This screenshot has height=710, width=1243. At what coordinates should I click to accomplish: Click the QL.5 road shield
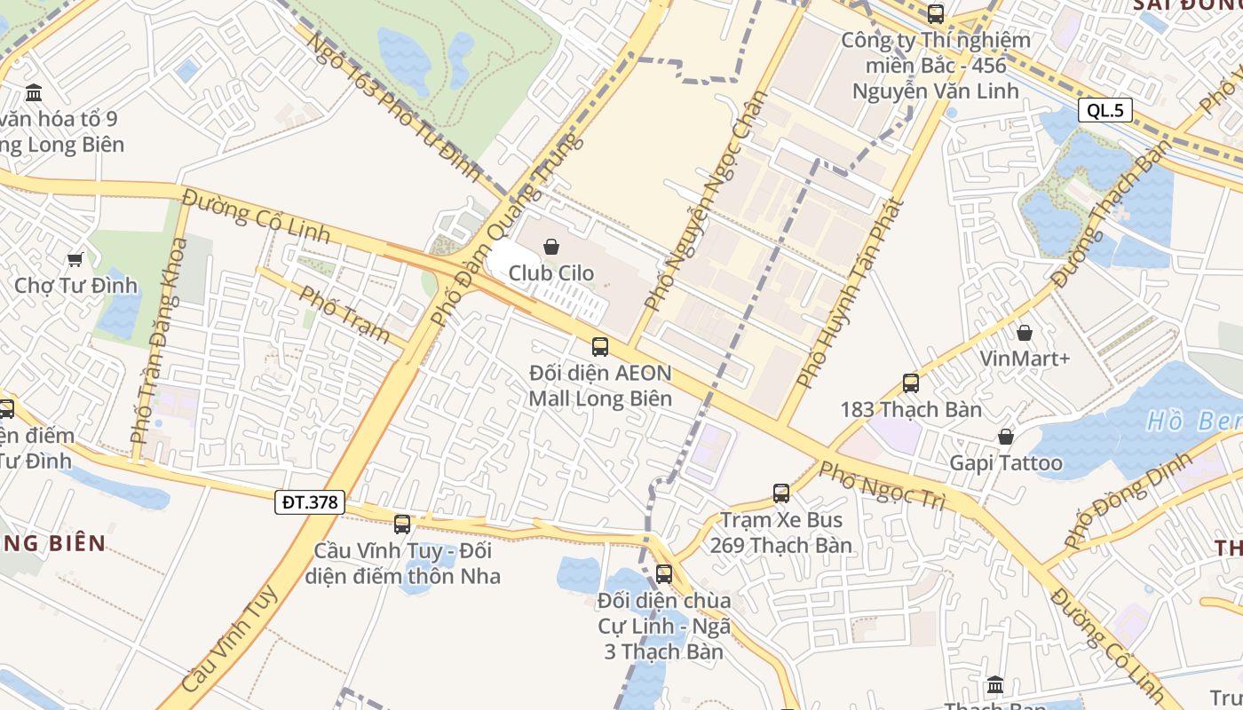(1104, 110)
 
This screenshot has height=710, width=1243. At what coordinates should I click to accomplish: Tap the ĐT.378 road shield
(309, 502)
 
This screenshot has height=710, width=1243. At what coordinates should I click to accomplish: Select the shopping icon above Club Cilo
(550, 247)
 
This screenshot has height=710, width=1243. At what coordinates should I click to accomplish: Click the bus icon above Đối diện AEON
(600, 346)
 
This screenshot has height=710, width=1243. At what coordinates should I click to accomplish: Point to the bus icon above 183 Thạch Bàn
(911, 383)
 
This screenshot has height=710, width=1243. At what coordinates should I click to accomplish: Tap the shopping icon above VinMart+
(1025, 333)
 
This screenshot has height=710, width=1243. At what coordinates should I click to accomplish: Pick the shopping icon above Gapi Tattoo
(1006, 437)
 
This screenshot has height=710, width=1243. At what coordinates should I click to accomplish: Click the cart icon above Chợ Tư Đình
(75, 259)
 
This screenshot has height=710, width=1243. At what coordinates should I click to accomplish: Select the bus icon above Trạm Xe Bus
(781, 493)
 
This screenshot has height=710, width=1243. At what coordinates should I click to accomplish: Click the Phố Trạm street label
(344, 314)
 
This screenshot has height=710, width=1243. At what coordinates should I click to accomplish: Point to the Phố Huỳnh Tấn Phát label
(850, 293)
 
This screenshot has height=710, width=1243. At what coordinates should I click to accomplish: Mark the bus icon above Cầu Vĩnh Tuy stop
(402, 525)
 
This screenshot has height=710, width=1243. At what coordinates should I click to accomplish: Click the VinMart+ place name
(1025, 359)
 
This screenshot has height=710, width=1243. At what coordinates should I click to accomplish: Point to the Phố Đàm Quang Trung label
(506, 231)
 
